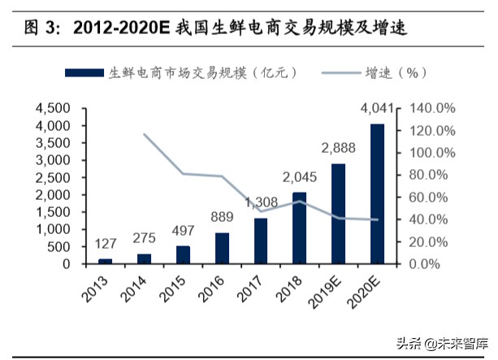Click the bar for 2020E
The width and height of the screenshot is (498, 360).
point(377,193)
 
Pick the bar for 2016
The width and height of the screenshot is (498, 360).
point(222,248)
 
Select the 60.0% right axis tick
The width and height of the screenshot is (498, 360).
point(427,197)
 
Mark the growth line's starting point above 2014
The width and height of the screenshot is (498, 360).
point(145,134)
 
